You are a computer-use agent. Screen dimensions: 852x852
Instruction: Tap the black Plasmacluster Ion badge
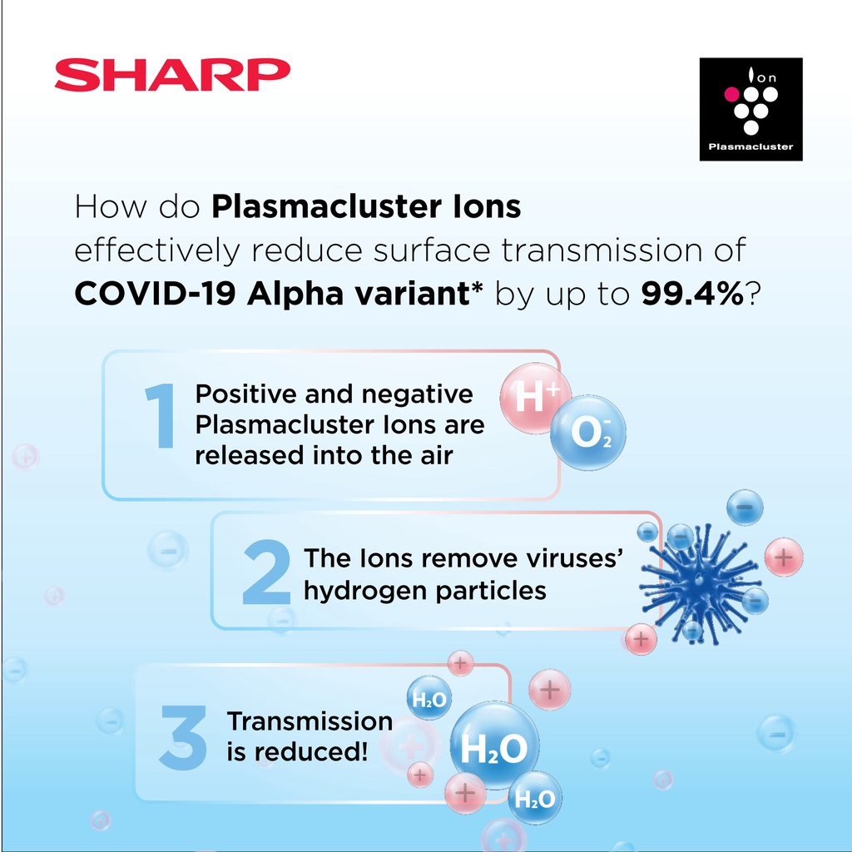pyautogui.click(x=751, y=109)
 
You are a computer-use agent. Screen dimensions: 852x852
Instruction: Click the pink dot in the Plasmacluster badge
pyautogui.click(x=731, y=94)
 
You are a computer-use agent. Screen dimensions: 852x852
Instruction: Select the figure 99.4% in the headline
pyautogui.click(x=692, y=294)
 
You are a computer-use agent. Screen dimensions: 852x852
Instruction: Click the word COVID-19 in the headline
pyautogui.click(x=156, y=294)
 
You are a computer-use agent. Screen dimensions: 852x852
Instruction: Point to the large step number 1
pyautogui.click(x=161, y=416)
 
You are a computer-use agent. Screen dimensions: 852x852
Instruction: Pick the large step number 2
pyautogui.click(x=266, y=572)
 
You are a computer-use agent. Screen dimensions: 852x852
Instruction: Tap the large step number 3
pyautogui.click(x=183, y=737)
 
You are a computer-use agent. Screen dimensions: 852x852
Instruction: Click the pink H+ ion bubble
pyautogui.click(x=535, y=398)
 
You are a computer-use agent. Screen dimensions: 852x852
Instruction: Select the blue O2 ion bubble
pyautogui.click(x=588, y=433)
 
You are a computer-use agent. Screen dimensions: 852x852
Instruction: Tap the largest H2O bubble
pyautogui.click(x=494, y=746)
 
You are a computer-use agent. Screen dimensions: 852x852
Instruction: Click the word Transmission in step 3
pyautogui.click(x=310, y=721)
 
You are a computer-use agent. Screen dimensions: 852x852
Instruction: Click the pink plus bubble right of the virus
pyautogui.click(x=784, y=557)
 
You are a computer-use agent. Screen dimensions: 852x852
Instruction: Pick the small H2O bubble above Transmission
pyautogui.click(x=429, y=698)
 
